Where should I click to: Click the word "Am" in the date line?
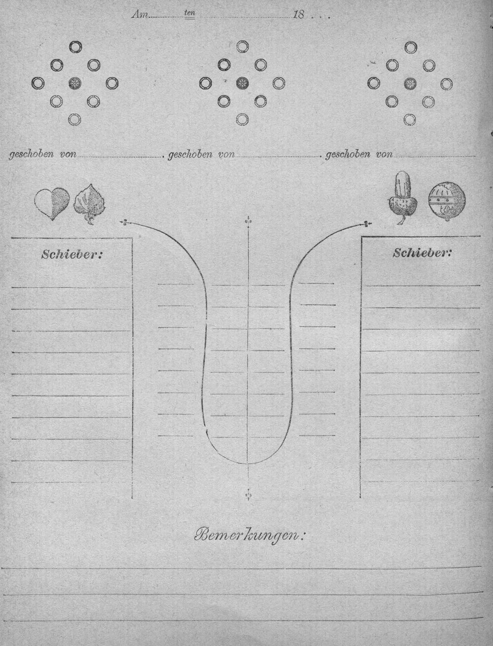140,15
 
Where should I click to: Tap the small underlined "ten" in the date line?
189,13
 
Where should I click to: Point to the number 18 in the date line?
298,15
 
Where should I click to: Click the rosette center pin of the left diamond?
75,83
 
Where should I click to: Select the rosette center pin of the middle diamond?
243,83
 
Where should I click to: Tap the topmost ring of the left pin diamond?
75,46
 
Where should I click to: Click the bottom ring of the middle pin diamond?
243,119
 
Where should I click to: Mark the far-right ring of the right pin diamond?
447,84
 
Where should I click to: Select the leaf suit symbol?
89,205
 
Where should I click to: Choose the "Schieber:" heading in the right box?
422,252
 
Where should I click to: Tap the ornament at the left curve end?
125,223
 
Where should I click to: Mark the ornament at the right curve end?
367,224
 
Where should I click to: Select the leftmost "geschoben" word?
31,155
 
